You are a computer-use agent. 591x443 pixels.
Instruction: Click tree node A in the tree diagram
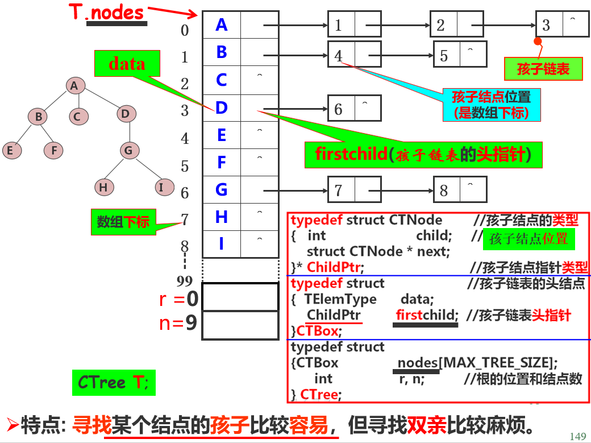[74, 86]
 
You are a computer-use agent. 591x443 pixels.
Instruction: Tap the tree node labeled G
[129, 151]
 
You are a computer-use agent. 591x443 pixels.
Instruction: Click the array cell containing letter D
[222, 107]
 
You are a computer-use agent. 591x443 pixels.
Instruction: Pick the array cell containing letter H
[222, 217]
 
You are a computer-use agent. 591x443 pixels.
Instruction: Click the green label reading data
[127, 64]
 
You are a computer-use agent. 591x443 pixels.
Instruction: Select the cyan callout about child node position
[491, 105]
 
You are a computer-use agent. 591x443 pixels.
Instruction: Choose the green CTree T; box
[114, 383]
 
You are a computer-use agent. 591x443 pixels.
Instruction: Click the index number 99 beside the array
[185, 281]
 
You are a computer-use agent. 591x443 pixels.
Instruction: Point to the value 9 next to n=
[192, 323]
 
